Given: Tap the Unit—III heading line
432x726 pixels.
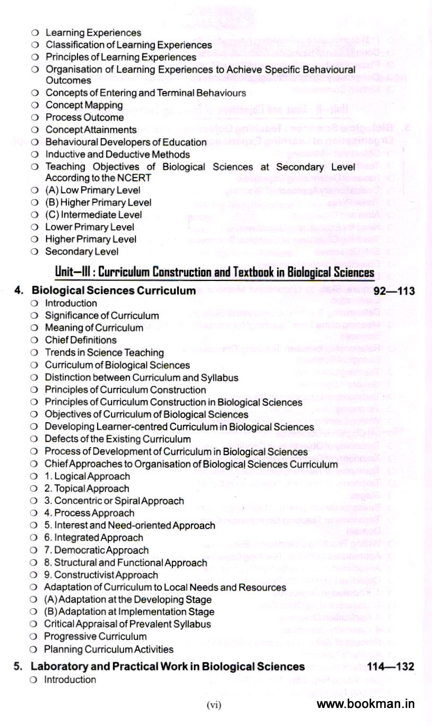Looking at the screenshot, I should tap(215, 273).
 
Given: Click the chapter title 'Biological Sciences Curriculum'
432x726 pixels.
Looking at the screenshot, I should tap(114, 291).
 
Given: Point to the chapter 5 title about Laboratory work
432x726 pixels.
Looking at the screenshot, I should tap(168, 667).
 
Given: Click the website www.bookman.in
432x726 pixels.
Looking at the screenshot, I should tap(366, 704).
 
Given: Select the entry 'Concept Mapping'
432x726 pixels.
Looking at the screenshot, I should tap(84, 105).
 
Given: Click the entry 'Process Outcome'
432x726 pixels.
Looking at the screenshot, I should tap(84, 117).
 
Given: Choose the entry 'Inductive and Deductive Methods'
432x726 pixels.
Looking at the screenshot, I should tap(117, 155).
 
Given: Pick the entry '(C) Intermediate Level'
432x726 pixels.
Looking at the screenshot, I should tap(93, 215).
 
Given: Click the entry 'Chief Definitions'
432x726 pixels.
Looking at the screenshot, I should tap(81, 340).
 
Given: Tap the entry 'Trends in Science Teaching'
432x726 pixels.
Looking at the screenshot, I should tap(104, 353).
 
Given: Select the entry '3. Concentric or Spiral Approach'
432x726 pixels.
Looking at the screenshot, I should tap(114, 501).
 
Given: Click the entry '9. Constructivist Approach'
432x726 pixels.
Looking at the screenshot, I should tap(101, 575).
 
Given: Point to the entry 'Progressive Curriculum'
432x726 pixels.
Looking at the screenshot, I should tap(96, 636).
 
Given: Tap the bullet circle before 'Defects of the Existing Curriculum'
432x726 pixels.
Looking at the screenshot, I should tap(34, 439).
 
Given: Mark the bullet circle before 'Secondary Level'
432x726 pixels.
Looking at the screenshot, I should tap(34, 252).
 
